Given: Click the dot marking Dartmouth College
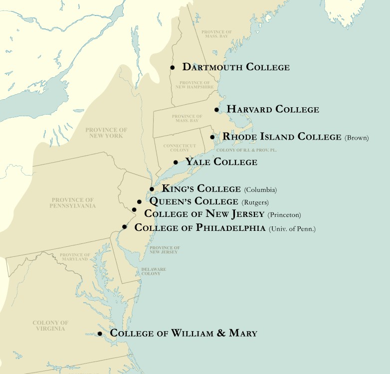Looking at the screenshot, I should click(172, 67).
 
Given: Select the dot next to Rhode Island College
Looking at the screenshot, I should click(212, 137).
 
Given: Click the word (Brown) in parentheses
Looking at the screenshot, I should click(356, 138).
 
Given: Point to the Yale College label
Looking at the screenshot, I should click(221, 162).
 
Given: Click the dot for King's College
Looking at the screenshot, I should click(152, 189).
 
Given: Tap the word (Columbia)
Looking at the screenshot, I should click(260, 190).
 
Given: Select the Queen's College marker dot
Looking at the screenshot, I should click(139, 202).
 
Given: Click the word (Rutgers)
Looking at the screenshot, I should click(255, 202).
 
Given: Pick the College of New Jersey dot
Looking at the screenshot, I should click(134, 210).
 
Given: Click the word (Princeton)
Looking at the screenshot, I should click(284, 215).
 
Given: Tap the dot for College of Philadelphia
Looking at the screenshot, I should click(124, 227).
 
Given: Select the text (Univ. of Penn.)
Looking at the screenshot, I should click(292, 229).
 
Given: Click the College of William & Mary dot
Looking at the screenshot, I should click(100, 334).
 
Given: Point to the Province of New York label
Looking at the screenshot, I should click(106, 133).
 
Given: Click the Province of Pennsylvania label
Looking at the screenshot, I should click(73, 202).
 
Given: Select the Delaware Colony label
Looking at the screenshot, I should click(154, 271).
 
